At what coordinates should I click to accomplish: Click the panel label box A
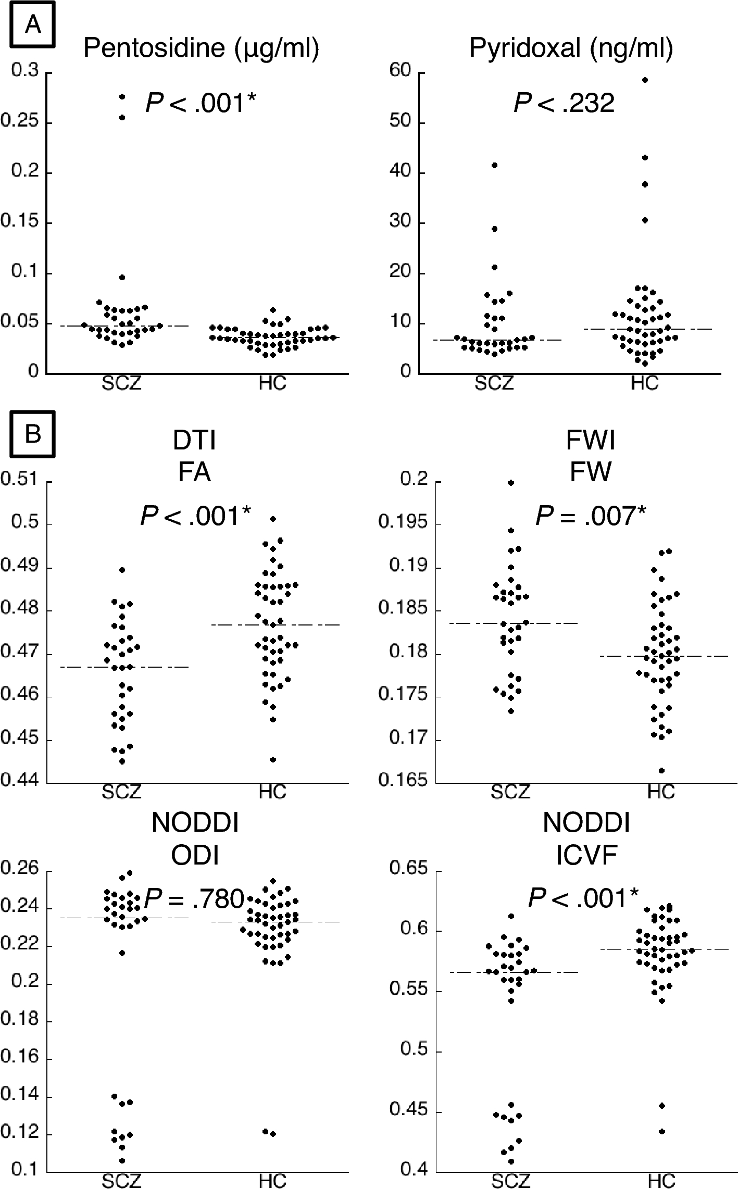point(33,24)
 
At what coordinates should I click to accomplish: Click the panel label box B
point(33,433)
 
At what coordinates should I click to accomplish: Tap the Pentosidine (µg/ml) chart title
point(201,48)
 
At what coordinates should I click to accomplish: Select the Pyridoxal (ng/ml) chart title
point(571,48)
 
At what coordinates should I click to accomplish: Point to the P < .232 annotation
point(564,103)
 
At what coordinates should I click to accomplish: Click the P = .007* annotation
point(591,516)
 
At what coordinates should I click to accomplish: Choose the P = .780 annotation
point(194,898)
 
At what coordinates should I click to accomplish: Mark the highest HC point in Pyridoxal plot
point(645,80)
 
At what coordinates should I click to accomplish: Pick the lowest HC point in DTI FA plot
point(273,760)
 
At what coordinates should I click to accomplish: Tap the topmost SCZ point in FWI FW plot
point(511,483)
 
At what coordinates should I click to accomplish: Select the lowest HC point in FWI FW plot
point(661,770)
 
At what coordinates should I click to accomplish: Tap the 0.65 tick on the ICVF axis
point(408,868)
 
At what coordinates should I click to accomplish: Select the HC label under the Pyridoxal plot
point(645,384)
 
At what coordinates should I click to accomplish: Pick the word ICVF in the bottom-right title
point(586,855)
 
